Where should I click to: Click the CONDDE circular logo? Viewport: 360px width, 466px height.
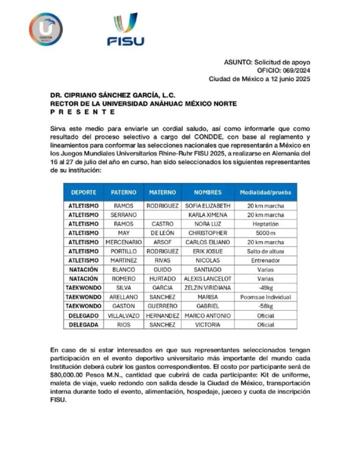pos(46,29)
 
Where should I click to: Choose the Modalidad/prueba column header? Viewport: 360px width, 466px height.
pos(265,192)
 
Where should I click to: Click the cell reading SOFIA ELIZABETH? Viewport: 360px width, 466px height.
pos(208,206)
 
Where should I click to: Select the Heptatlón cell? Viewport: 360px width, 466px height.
pos(265,224)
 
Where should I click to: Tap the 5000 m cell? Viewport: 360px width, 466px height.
pos(265,233)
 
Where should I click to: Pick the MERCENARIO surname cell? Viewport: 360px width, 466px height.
pos(124,242)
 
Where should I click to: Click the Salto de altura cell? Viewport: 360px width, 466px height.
pos(265,251)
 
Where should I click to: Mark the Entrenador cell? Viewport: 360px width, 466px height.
pos(265,260)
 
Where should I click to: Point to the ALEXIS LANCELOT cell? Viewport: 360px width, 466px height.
pos(208,279)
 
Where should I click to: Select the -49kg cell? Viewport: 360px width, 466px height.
pos(265,288)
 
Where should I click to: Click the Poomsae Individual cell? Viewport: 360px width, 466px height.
pos(265,297)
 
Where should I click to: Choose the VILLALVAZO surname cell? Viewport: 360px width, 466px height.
pos(124,315)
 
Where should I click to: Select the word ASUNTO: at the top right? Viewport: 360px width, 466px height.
pos(238,62)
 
